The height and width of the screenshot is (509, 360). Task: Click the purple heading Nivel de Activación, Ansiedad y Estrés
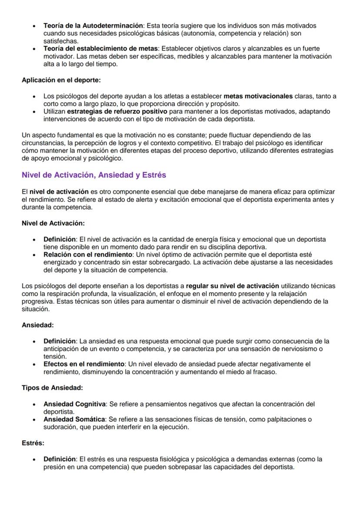pyautogui.click(x=93, y=175)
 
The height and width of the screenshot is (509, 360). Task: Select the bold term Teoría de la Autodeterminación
pyautogui.click(x=93, y=26)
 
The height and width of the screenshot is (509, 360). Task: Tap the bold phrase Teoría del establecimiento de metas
pyautogui.click(x=101, y=49)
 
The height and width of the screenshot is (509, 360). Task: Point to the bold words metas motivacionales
pyautogui.click(x=258, y=96)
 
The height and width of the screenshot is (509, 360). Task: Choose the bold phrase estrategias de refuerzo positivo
pyautogui.click(x=117, y=112)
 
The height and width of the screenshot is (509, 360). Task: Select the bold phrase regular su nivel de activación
pyautogui.click(x=232, y=286)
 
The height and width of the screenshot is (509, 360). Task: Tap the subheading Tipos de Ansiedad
pyautogui.click(x=52, y=388)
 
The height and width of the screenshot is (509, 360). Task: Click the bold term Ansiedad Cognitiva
pyautogui.click(x=74, y=404)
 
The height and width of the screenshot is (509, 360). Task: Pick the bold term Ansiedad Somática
pyautogui.click(x=74, y=419)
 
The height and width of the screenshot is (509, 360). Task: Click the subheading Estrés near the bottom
pyautogui.click(x=33, y=443)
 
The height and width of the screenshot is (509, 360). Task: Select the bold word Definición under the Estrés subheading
pyautogui.click(x=60, y=459)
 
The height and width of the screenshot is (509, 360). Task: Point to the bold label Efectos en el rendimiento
pyautogui.click(x=83, y=364)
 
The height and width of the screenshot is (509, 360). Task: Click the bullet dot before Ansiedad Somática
pyautogui.click(x=34, y=420)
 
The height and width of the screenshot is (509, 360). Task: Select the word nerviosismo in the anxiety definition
pyautogui.click(x=295, y=349)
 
